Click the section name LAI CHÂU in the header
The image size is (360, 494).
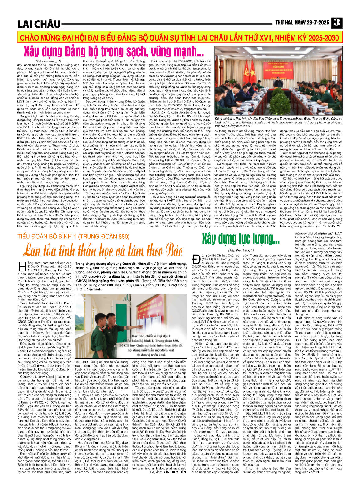pos(39,24)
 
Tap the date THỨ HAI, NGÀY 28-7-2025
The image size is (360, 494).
pos(302,23)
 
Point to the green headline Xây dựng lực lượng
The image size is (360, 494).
pos(240,239)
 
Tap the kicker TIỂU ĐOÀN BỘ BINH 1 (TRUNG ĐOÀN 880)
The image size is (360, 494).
pos(74,237)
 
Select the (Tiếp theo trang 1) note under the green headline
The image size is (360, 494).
pos(241,250)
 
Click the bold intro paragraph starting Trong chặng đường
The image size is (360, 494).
pos(131,276)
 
